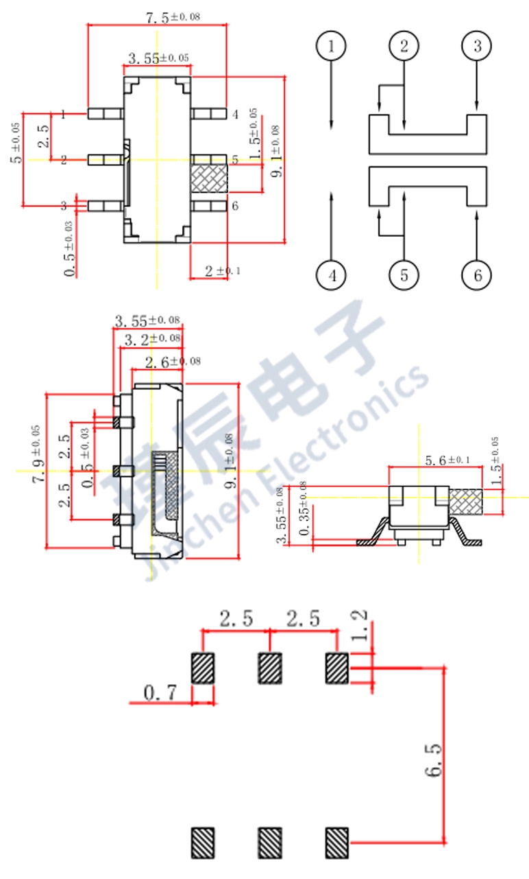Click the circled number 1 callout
pyautogui.click(x=332, y=47)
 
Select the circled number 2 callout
pyautogui.click(x=404, y=47)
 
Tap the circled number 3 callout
pyautogui.click(x=477, y=47)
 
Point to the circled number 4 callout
pyautogui.click(x=332, y=276)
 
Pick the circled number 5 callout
pyautogui.click(x=404, y=276)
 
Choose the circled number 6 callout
pyautogui.click(x=477, y=276)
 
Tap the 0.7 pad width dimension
pyautogui.click(x=160, y=693)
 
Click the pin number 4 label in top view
pyautogui.click(x=234, y=115)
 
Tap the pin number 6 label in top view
pyautogui.click(x=234, y=206)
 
